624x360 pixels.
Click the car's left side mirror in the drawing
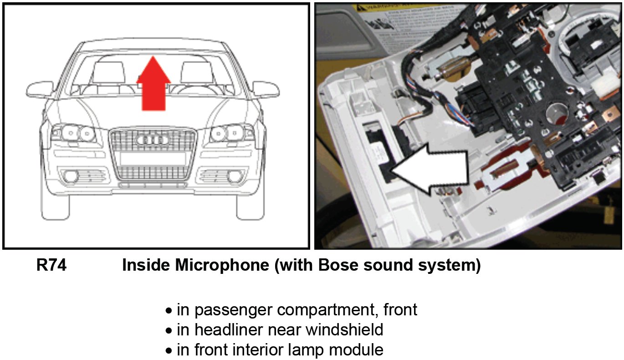pos(39,89)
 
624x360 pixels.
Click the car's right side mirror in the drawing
pos(266,89)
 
